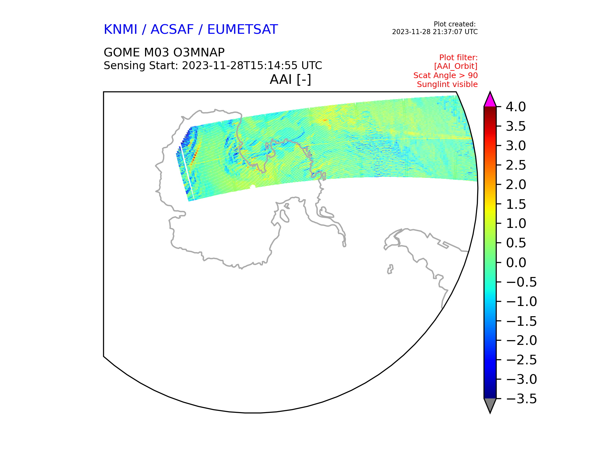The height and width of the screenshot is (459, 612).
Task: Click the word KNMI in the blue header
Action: click(120, 30)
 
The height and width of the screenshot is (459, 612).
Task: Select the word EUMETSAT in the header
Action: click(243, 30)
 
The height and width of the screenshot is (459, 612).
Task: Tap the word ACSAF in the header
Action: click(172, 30)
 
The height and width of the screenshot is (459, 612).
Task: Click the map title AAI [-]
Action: click(290, 79)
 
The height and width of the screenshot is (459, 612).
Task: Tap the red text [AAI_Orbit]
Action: click(456, 66)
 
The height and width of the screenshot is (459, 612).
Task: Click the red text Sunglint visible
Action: click(447, 84)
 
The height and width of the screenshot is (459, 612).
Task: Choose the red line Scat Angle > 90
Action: click(446, 76)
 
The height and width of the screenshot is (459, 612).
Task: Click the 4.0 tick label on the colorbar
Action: click(516, 107)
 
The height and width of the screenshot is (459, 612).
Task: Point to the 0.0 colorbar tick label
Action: click(516, 263)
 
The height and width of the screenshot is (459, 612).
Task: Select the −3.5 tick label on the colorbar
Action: click(521, 399)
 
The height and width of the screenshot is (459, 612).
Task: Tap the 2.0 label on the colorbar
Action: click(516, 185)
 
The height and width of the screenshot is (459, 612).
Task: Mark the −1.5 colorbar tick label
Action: click(521, 321)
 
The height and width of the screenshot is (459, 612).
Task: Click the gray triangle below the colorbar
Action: click(490, 405)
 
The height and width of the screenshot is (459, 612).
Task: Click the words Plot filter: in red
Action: click(458, 58)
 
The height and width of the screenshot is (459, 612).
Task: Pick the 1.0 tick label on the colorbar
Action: click(516, 223)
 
